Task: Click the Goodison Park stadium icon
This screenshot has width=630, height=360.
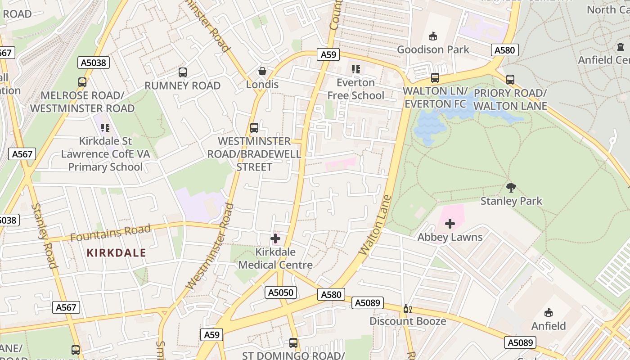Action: [x=433, y=36]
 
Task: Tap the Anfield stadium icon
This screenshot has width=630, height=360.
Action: [x=548, y=312]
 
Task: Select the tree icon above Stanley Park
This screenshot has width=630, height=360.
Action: [x=511, y=187]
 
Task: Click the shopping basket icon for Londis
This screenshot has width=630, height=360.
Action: [x=262, y=71]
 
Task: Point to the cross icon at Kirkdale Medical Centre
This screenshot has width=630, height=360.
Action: [x=275, y=238]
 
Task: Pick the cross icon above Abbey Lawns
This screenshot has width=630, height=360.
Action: [x=450, y=223]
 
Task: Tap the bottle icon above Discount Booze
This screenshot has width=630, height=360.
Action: [x=407, y=308]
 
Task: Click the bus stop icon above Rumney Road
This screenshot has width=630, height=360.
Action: [x=182, y=72]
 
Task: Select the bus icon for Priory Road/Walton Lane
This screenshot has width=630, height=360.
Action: [x=510, y=80]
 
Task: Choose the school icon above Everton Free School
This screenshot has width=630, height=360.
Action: [x=356, y=69]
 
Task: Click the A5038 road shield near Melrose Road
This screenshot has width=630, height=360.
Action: [x=94, y=63]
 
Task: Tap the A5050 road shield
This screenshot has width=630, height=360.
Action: [x=281, y=292]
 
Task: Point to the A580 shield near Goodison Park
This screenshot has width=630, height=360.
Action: [x=504, y=50]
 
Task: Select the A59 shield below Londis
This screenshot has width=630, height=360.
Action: [x=328, y=54]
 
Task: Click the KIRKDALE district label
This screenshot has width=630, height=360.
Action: [x=116, y=253]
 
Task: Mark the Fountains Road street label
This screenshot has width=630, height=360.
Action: [x=110, y=233]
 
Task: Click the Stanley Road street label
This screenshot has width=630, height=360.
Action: [x=45, y=236]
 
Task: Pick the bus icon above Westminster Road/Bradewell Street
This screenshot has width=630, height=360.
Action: [x=254, y=127]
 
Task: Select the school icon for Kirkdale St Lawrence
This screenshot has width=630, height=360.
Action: [x=105, y=128]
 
